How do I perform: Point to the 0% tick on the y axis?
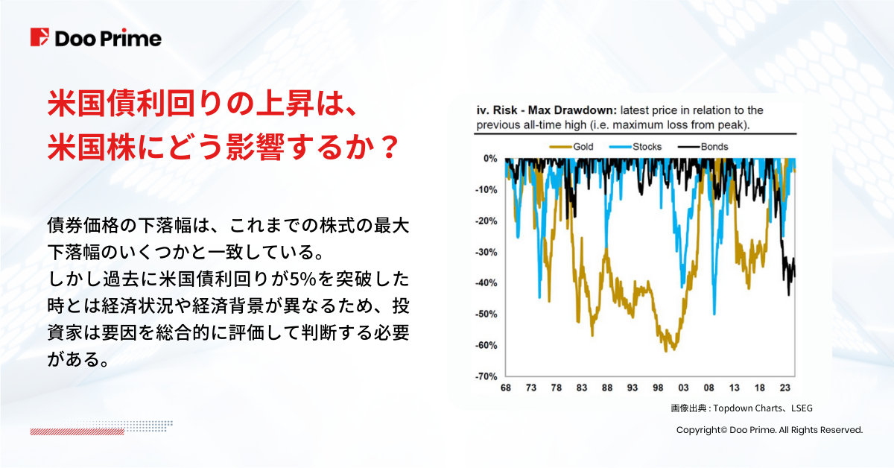click(489, 159)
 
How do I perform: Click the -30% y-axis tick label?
click(486, 253)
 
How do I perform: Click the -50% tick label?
click(486, 314)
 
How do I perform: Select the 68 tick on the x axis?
click(506, 389)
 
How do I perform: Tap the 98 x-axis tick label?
click(658, 389)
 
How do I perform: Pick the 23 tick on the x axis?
click(784, 389)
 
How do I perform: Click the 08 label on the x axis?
click(708, 389)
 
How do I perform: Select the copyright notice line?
click(769, 430)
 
